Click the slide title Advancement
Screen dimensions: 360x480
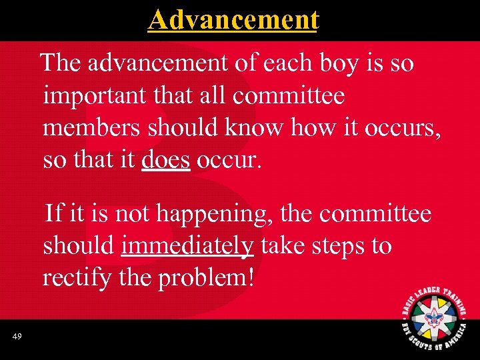coord(233,19)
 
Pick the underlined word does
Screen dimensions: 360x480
coord(166,160)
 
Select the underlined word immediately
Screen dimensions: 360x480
coord(187,246)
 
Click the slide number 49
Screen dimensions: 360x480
coord(17,337)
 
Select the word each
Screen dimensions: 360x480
coord(286,64)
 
